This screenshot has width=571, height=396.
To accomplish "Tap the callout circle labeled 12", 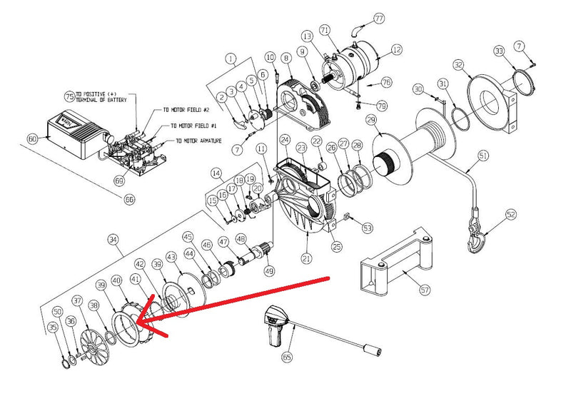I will click(397, 50).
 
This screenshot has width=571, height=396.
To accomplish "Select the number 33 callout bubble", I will click(499, 51).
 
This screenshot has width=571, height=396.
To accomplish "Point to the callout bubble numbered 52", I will click(511, 214).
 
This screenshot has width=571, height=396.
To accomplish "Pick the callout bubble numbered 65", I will click(288, 355).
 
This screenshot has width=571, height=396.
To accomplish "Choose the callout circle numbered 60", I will click(32, 138).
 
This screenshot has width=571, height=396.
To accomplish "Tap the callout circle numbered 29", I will click(370, 118).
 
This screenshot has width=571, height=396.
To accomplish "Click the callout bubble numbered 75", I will click(69, 96).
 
